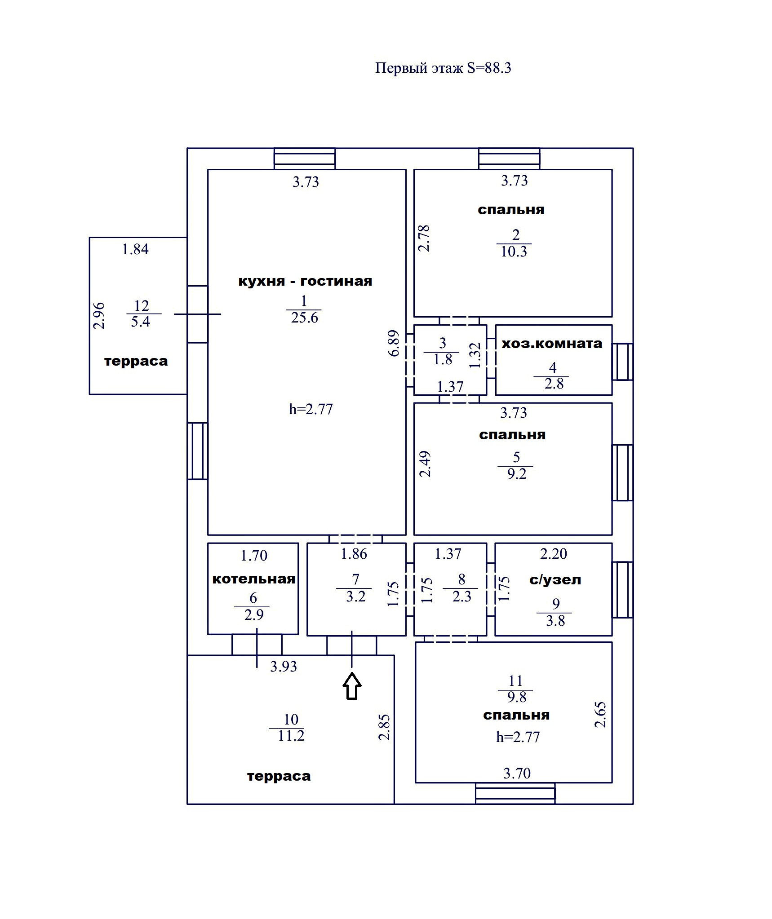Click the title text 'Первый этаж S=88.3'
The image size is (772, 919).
coord(443,68)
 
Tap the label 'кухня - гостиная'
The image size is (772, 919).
coord(305,281)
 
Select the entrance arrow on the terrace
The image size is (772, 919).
coord(352,686)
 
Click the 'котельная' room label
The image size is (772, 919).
coord(253,579)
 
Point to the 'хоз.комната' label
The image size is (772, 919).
coord(552,344)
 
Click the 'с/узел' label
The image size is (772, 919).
coord(555,579)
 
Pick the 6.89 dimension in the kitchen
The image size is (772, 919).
coord(394,343)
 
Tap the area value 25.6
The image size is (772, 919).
coord(304,318)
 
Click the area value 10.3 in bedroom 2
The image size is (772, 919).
coord(514,252)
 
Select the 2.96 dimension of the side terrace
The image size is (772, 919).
coord(99,316)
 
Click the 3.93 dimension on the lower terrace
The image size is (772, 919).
coord(284,667)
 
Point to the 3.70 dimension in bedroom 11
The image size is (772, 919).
coord(517,773)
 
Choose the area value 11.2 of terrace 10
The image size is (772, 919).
coord(291,735)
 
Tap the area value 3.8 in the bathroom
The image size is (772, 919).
coord(555,621)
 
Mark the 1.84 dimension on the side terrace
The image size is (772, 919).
coord(135,249)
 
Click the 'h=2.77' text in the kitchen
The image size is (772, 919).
coord(311,409)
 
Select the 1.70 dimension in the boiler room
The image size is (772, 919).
coord(254,556)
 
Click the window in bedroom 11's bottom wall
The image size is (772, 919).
coord(515,793)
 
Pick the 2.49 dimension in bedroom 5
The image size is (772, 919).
coord(425,464)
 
